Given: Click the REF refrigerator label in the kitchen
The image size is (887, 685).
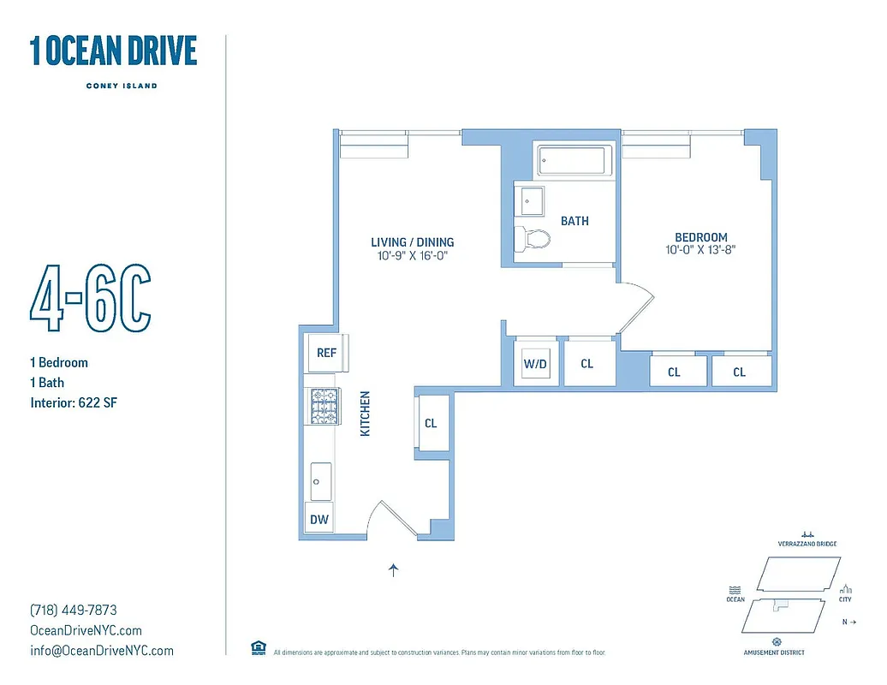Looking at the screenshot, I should click(x=326, y=353).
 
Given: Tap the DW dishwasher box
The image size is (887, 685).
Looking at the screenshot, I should click(x=318, y=519).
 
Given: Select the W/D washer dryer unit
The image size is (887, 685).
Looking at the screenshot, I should click(x=535, y=364).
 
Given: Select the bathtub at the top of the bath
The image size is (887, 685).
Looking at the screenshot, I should click(x=574, y=161).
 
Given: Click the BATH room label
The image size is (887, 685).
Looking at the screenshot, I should click(x=574, y=221).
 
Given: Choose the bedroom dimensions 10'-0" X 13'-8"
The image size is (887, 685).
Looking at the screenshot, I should click(x=700, y=251).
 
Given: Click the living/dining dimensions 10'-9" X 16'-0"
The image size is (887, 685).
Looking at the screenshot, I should click(x=412, y=256).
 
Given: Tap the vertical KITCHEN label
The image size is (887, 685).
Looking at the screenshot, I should click(x=366, y=414).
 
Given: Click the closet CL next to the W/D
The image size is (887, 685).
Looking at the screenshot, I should click(x=587, y=364).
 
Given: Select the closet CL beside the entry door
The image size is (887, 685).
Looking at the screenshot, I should click(x=431, y=423).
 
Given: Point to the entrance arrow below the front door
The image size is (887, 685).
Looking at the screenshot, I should click(x=393, y=569).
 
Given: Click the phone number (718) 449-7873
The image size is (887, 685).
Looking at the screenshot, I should click(x=73, y=611).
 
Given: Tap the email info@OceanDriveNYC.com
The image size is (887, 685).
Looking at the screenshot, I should click(x=101, y=651).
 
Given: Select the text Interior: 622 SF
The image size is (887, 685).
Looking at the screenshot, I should click(x=73, y=402).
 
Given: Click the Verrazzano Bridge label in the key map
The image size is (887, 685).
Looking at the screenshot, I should click(x=807, y=544).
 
